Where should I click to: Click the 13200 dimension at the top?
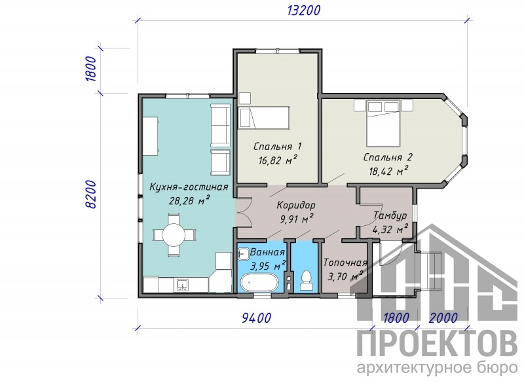[303, 10]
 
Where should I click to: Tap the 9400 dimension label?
[256, 318]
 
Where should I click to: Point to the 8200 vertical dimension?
[90, 194]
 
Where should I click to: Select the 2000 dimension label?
[443, 318]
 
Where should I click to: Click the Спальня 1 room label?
[278, 146]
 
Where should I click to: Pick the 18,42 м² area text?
[388, 171]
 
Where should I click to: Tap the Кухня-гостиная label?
[189, 187]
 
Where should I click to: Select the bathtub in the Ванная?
[260, 283]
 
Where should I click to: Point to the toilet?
[306, 280]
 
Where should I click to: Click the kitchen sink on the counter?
[182, 285]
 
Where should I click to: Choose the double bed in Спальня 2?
[383, 123]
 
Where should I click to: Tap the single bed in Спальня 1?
[264, 118]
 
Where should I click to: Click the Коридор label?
[296, 205]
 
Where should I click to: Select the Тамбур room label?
[390, 215]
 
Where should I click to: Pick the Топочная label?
[345, 263]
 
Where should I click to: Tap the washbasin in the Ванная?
[243, 253]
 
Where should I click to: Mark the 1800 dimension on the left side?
[90, 69]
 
